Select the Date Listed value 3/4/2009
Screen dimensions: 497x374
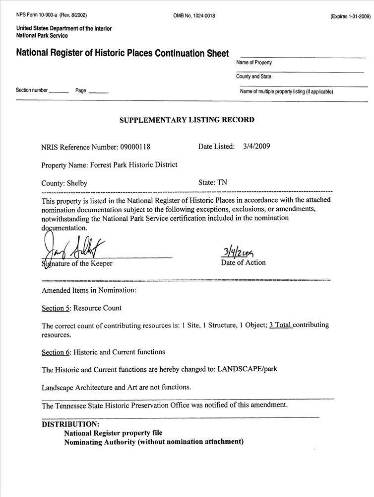tap(257, 147)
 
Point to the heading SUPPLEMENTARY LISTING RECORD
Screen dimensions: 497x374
tap(187, 120)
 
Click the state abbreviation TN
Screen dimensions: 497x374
tap(222, 182)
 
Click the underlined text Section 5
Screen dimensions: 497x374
tap(55, 308)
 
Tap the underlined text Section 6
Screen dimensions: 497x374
tap(55, 352)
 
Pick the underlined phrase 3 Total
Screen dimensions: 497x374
tap(280, 325)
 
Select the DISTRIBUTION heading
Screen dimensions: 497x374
tap(70, 424)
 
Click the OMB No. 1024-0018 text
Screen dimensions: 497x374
tap(194, 16)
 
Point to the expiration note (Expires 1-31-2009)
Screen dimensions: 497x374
tap(350, 16)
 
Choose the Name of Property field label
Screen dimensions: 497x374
tap(254, 63)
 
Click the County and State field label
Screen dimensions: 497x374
tap(253, 77)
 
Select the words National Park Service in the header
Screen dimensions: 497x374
tap(42, 36)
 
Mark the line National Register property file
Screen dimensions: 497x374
tap(113, 433)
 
